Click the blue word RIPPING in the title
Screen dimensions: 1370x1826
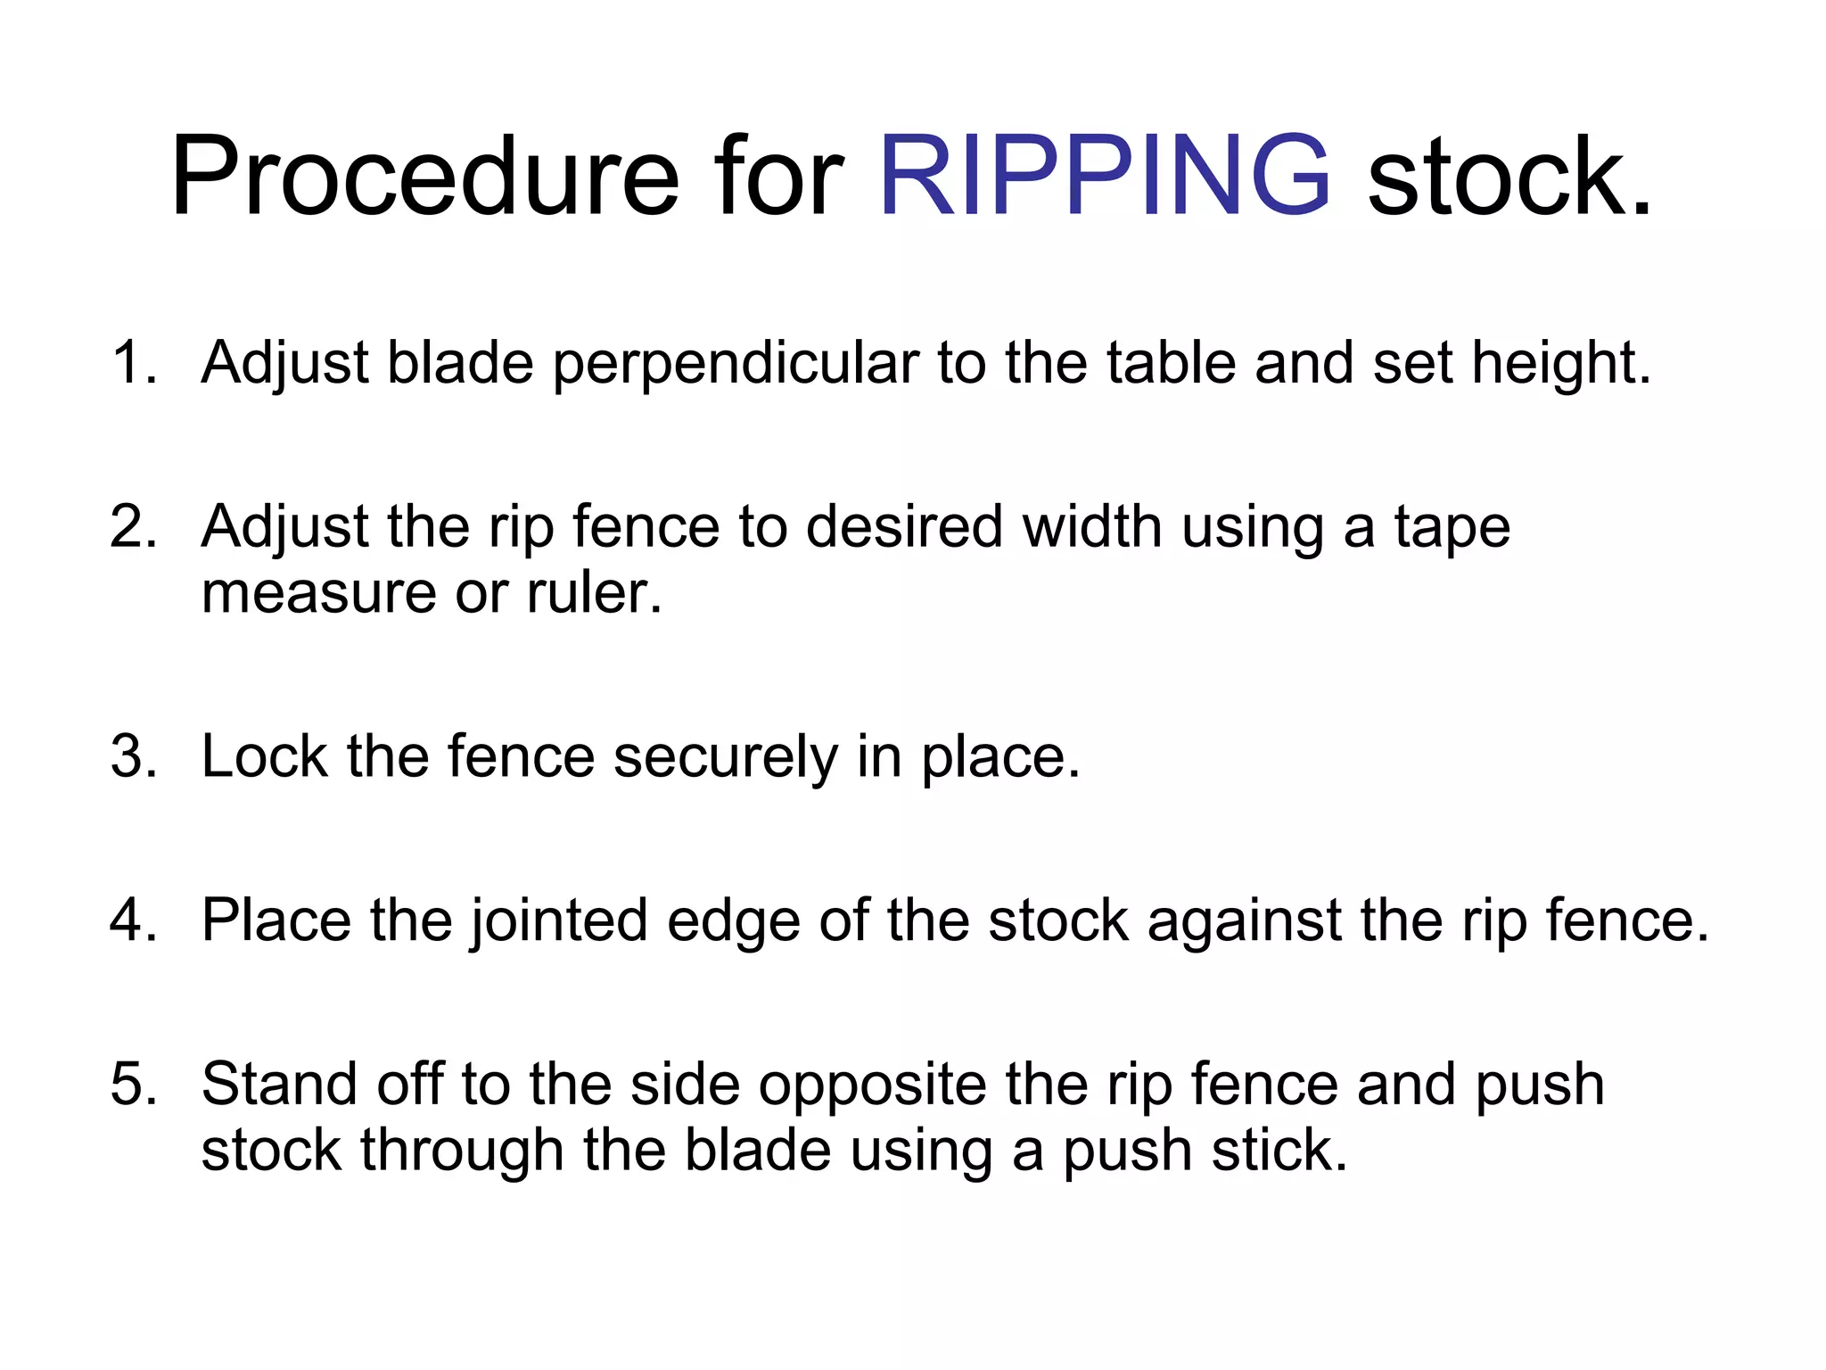pos(1104,175)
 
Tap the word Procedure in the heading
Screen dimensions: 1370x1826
pos(424,175)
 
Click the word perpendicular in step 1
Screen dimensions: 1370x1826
pos(736,364)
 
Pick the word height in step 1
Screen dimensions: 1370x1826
pos(1560,362)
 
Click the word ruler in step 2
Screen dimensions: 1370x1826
pos(594,592)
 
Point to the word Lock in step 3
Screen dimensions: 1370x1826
pos(265,756)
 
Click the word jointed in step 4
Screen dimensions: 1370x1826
pos(559,920)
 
